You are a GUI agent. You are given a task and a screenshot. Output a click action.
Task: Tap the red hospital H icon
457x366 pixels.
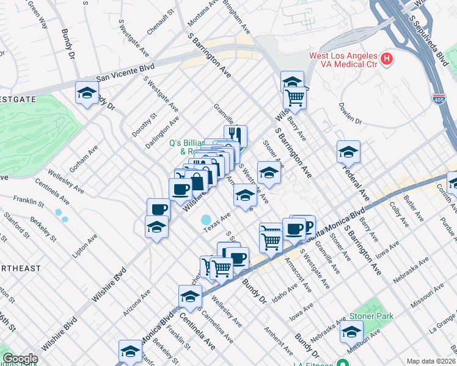click(x=386, y=59)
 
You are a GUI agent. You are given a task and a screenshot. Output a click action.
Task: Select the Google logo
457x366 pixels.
click(x=20, y=359)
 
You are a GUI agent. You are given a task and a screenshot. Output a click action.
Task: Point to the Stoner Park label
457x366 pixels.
click(x=371, y=317)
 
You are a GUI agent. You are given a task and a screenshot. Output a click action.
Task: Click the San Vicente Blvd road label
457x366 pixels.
click(x=125, y=72)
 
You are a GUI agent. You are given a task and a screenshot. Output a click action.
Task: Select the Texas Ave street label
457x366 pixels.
click(x=217, y=221)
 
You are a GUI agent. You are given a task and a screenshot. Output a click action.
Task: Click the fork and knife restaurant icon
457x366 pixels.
click(x=235, y=135)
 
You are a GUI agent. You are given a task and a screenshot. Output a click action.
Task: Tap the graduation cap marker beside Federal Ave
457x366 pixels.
click(x=348, y=151)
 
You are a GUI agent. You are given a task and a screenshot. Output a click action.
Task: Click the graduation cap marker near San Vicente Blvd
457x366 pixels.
click(x=87, y=93)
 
